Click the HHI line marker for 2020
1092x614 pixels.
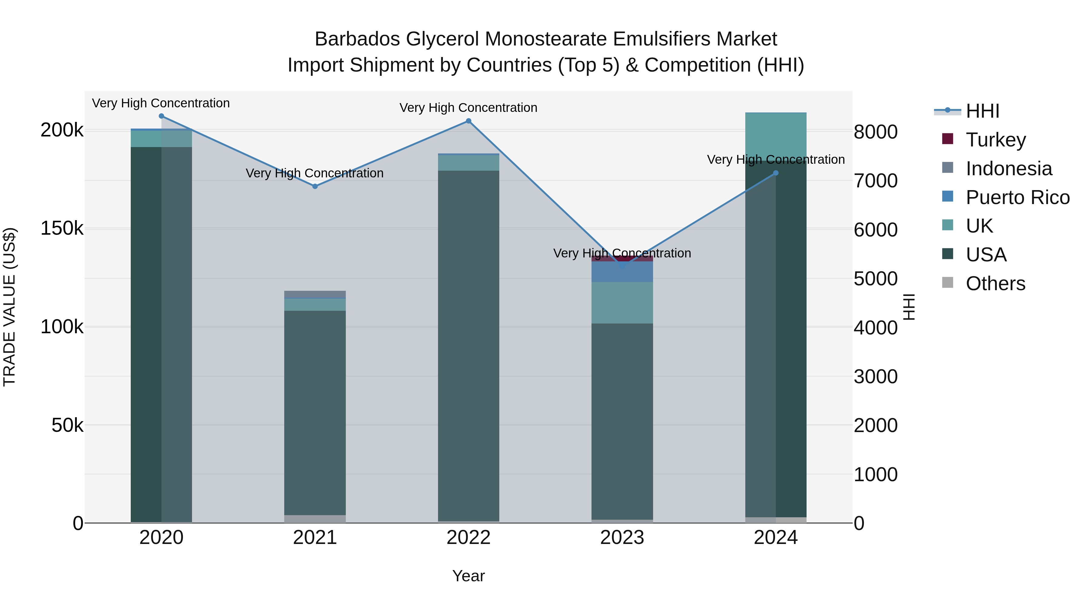(x=161, y=116)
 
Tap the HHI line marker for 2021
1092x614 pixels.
(x=315, y=186)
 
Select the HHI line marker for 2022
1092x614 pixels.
(x=468, y=121)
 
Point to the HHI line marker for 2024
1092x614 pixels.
(x=776, y=173)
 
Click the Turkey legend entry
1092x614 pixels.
(x=995, y=139)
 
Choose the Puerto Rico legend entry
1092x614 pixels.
(x=1017, y=197)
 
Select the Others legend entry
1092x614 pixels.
(x=995, y=284)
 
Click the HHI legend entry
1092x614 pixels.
(x=982, y=111)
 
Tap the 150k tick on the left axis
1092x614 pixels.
(x=62, y=229)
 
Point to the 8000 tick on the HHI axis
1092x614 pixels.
(x=875, y=132)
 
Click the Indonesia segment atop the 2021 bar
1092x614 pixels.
(x=315, y=294)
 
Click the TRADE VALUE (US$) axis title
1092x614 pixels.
(x=9, y=307)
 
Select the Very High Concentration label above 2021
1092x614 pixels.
(x=315, y=173)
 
